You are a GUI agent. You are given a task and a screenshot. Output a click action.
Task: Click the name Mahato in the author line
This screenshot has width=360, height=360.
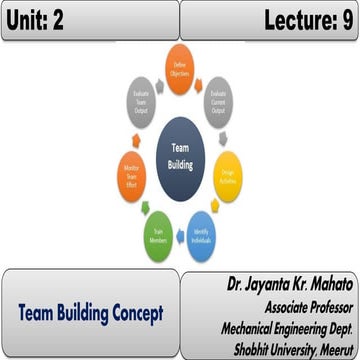[325, 285]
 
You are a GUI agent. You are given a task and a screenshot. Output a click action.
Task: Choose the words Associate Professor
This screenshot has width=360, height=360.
[305, 304]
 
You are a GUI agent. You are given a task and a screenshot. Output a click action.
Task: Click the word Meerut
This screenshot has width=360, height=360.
[334, 344]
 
